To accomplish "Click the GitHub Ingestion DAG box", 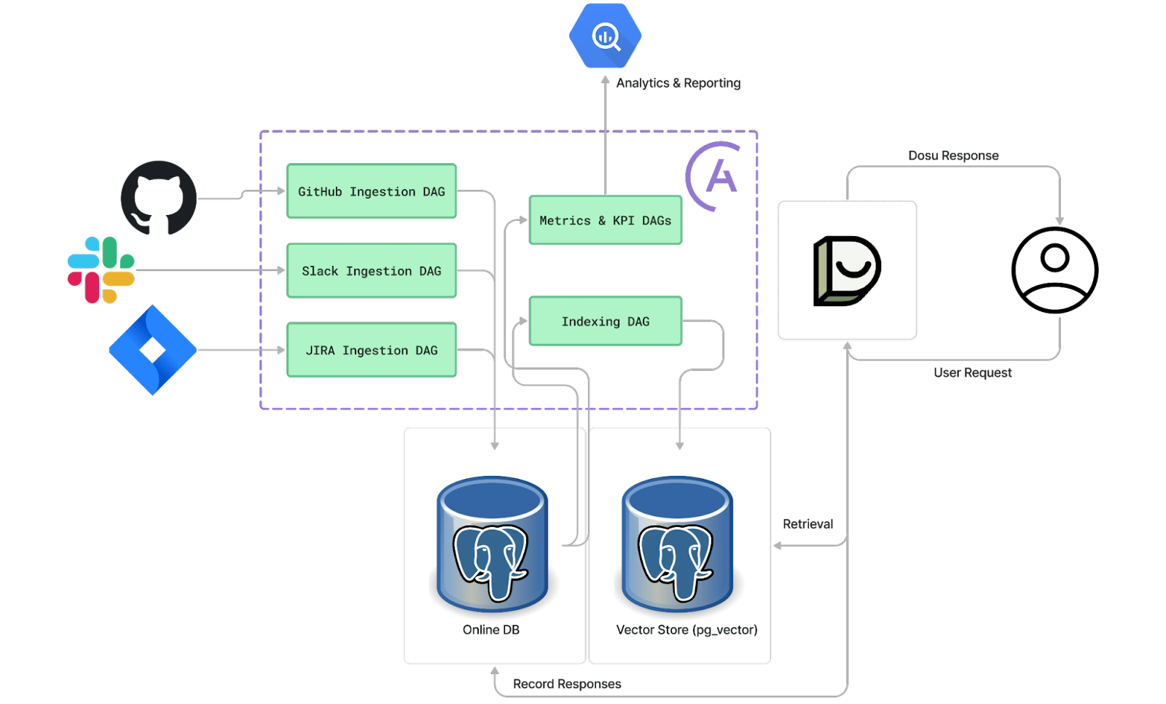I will (x=372, y=191).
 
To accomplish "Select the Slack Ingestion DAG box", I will (x=372, y=270).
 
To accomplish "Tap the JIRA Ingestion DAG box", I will (x=372, y=350).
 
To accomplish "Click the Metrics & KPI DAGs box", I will (x=605, y=220).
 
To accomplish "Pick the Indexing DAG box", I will (x=605, y=321).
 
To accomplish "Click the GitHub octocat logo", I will (x=158, y=197).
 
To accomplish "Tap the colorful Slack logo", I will (x=101, y=270).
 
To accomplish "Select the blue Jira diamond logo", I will (x=152, y=350).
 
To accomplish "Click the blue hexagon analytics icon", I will (x=605, y=35).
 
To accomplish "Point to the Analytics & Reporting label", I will (x=678, y=83).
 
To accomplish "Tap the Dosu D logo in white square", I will (x=846, y=270).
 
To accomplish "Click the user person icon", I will (x=1055, y=270).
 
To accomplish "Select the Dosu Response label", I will (x=952, y=155).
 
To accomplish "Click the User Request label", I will (x=972, y=372).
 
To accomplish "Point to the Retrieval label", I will (x=807, y=524).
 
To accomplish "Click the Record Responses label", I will (x=567, y=684).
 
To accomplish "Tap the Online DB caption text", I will (x=491, y=630).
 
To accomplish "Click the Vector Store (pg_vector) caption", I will (x=686, y=630).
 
